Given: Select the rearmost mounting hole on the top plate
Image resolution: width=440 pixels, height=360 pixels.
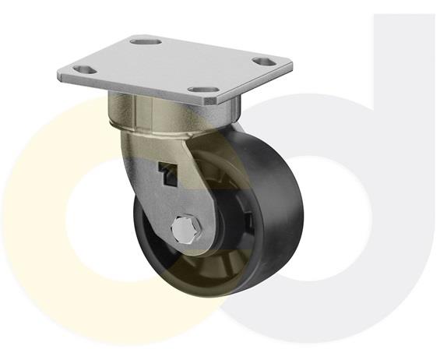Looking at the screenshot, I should pyautogui.click(x=146, y=41).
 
